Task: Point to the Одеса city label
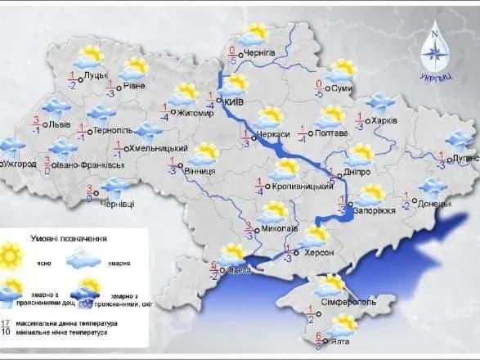pyautogui.click(x=239, y=271)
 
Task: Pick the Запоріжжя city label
pyautogui.click(x=376, y=209)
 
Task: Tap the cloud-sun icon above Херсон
pyautogui.click(x=314, y=237)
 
